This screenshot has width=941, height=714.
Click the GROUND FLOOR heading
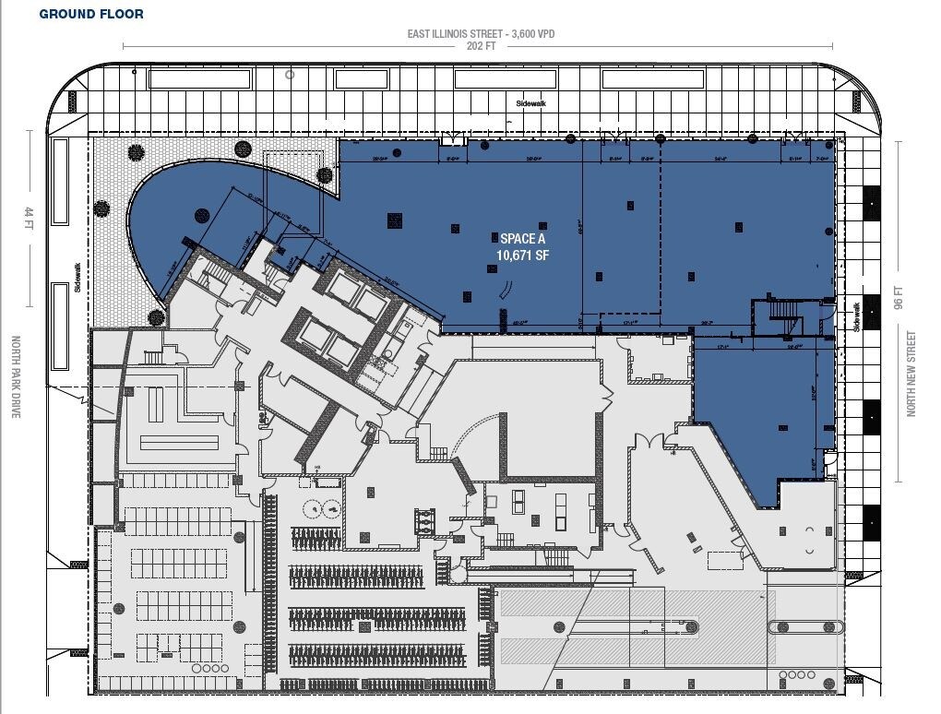point(90,15)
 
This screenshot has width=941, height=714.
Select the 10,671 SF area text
point(522,255)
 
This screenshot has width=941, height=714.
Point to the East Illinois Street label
point(481,34)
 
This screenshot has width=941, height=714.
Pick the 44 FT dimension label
point(28,218)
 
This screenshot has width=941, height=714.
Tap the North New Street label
point(911,374)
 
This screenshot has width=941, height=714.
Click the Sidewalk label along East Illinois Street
point(532,104)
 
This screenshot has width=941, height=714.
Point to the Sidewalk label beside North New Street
point(856,316)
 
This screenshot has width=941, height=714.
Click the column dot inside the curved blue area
point(199,216)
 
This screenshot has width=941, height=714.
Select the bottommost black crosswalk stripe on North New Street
point(871,522)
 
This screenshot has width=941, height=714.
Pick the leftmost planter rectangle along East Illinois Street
point(200,79)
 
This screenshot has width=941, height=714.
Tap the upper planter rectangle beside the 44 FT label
point(60,181)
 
